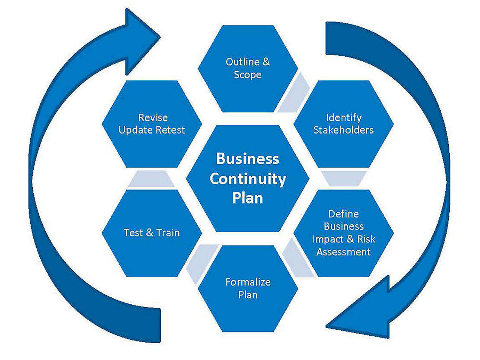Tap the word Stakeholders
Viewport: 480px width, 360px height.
[343, 130]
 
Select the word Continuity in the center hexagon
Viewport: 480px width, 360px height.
[248, 178]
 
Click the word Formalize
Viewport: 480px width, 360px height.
[248, 282]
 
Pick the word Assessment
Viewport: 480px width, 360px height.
[343, 252]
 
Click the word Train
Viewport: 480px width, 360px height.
[168, 233]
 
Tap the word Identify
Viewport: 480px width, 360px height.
[343, 118]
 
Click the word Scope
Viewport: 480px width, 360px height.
[248, 74]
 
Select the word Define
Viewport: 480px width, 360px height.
[343, 214]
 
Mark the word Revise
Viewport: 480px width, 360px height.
[153, 118]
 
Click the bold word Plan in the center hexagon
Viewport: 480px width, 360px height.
[248, 198]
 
